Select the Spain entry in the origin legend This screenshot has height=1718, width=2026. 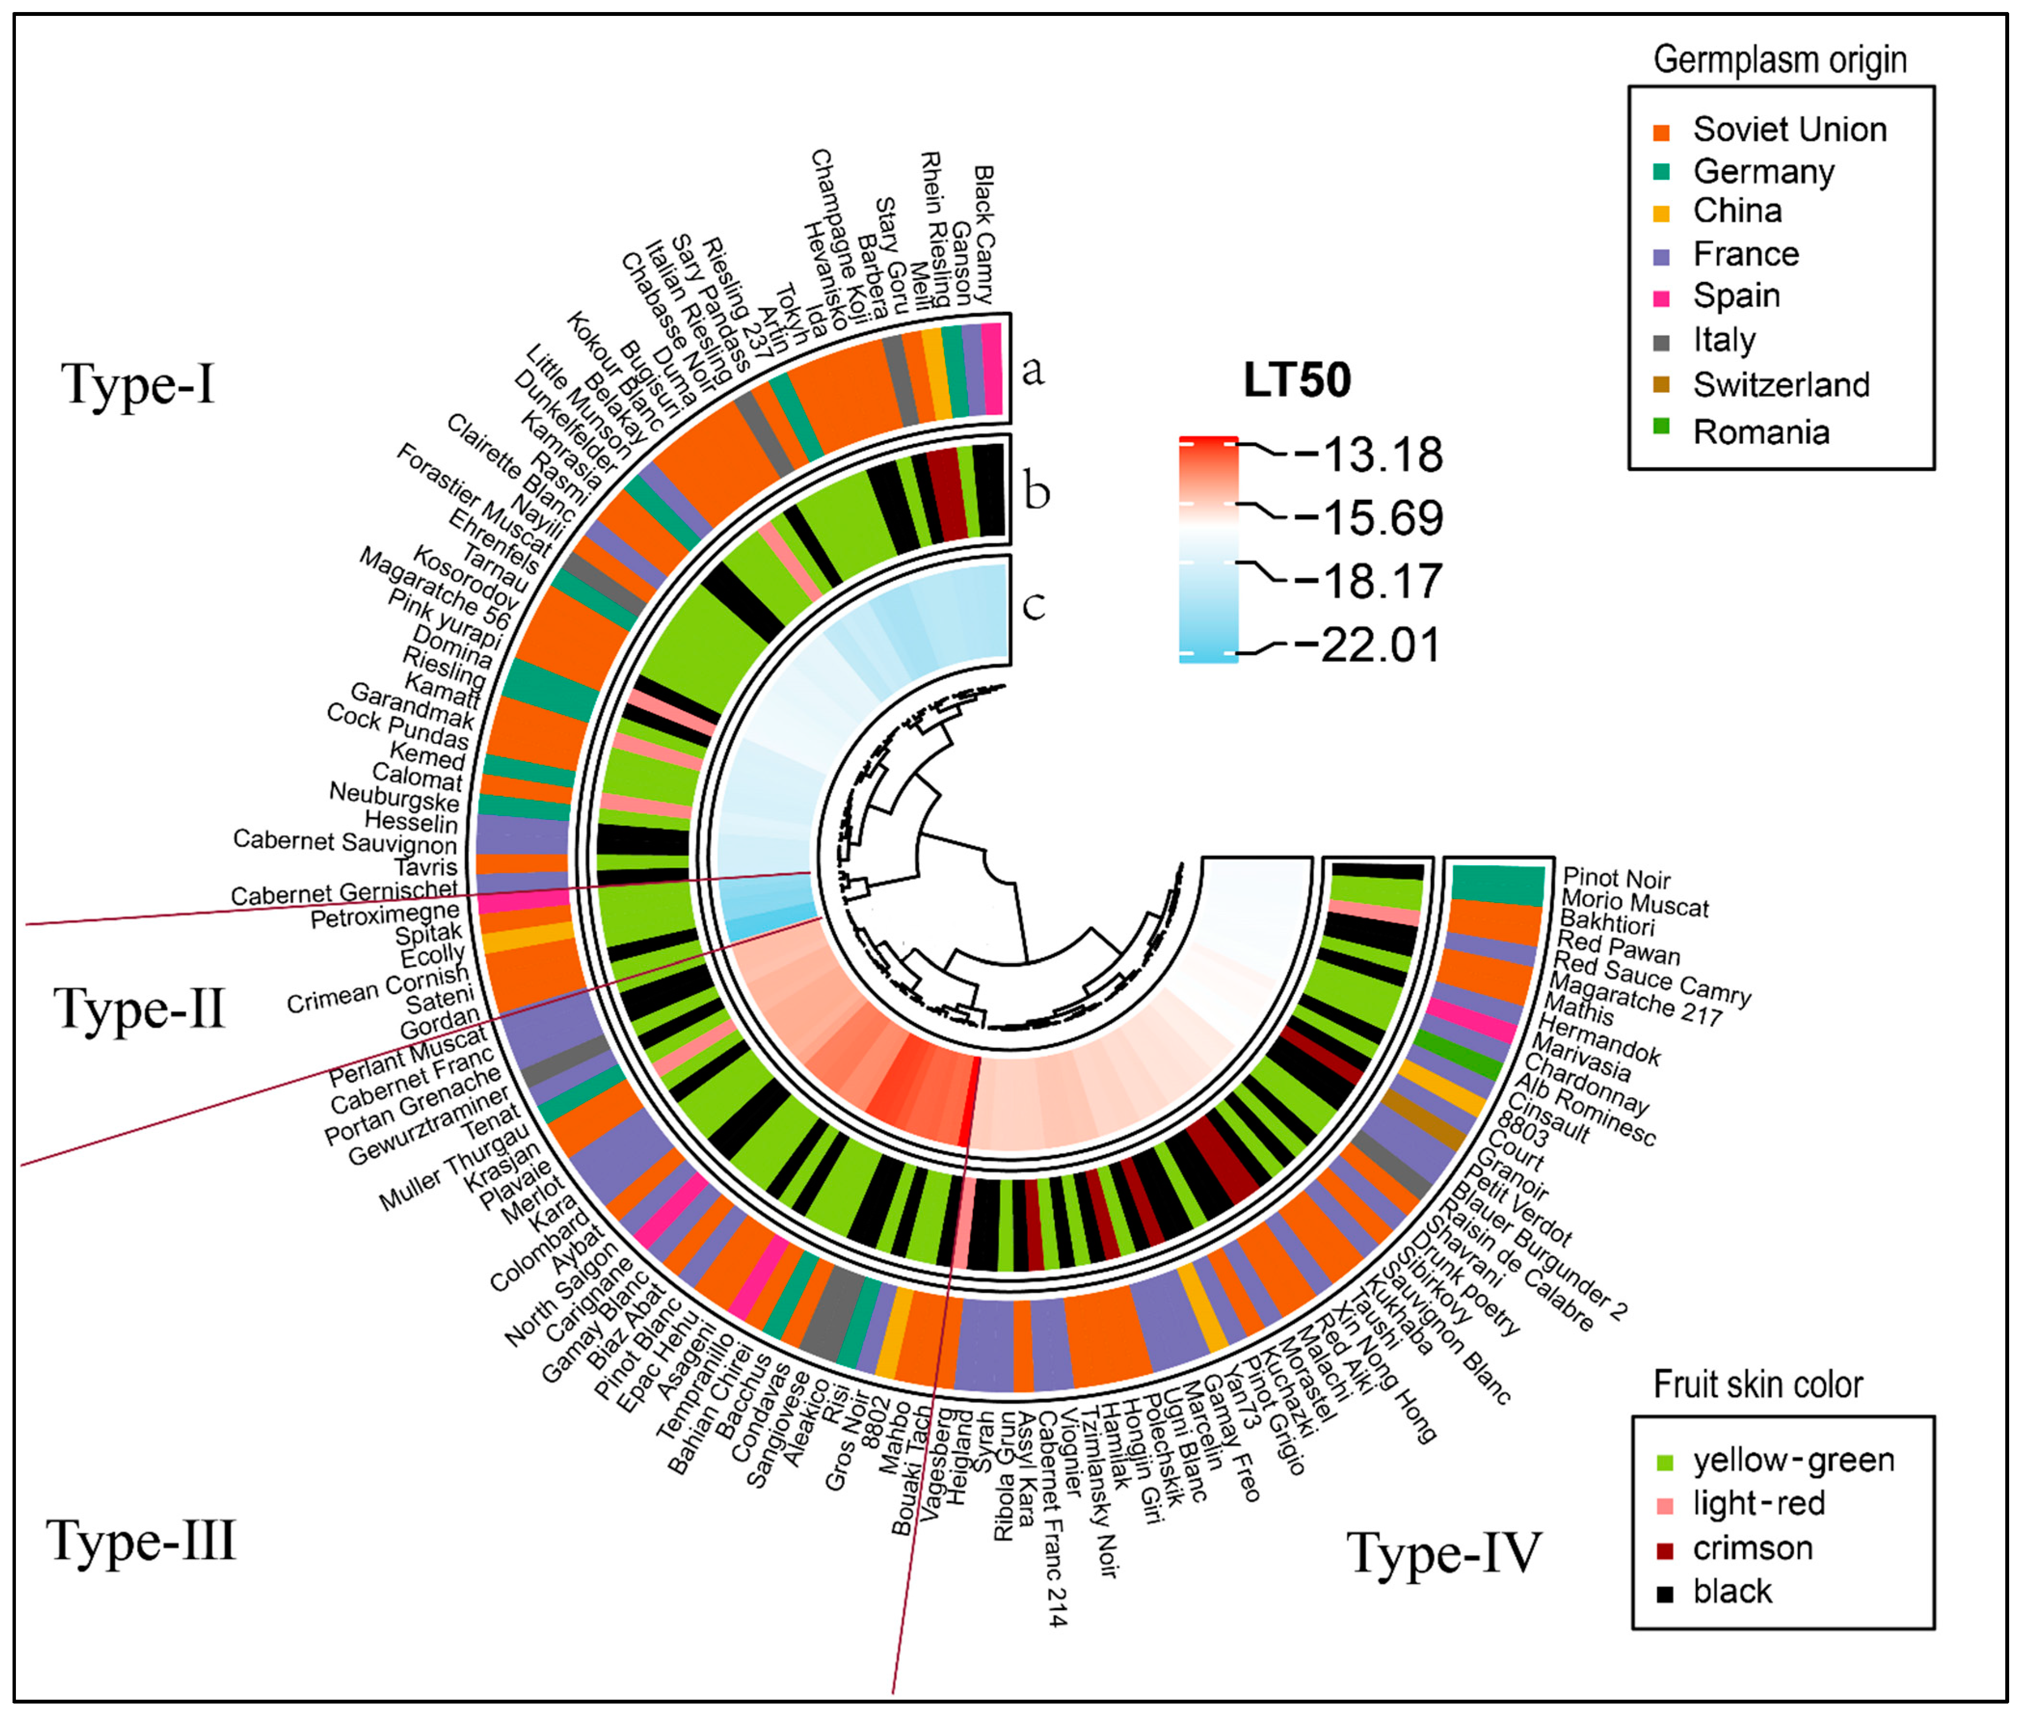1736,296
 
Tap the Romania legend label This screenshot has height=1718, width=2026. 1761,431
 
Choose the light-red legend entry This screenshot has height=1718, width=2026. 1758,1504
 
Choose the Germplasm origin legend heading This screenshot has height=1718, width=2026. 1780,60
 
